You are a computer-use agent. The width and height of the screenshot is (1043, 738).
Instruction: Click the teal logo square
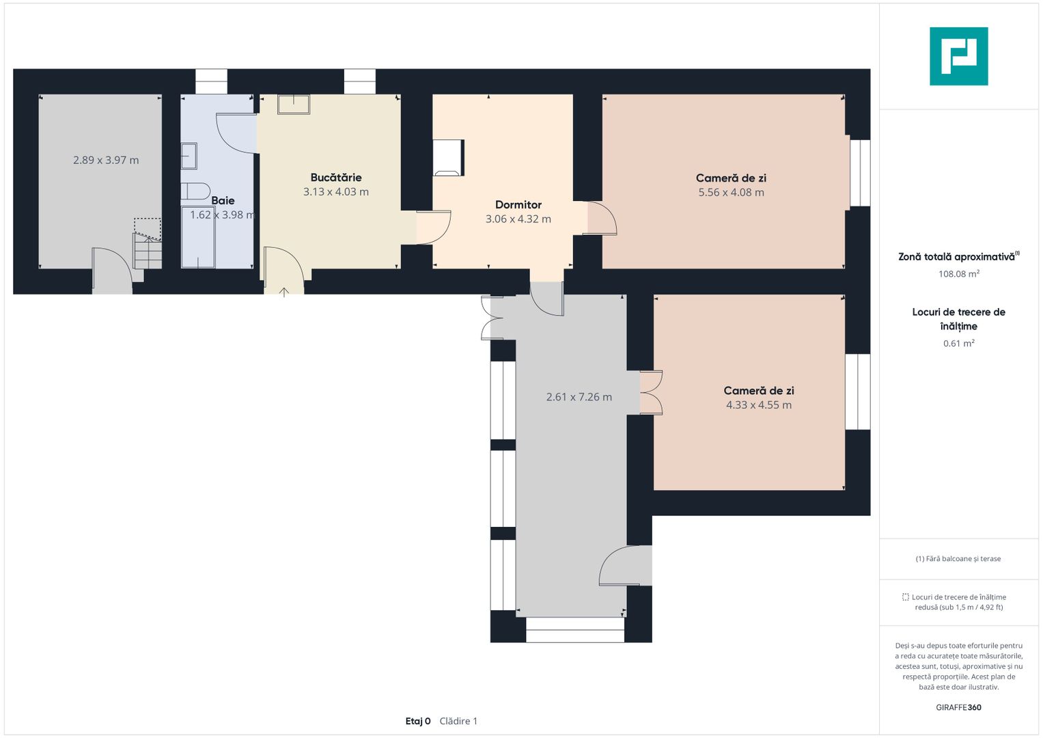[x=959, y=56]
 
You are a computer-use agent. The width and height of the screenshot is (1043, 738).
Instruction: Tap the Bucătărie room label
[x=336, y=177]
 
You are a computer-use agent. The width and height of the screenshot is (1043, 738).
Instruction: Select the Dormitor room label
[x=518, y=204]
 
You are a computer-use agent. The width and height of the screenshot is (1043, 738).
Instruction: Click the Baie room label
[x=223, y=200]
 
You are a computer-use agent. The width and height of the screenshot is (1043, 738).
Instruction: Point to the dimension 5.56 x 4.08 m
[x=731, y=192]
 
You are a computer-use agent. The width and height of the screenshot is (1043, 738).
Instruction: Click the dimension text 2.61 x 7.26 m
[x=579, y=397]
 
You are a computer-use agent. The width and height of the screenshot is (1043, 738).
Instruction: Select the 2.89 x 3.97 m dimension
[x=106, y=160]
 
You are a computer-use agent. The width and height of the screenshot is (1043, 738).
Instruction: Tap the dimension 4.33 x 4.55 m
[x=758, y=405]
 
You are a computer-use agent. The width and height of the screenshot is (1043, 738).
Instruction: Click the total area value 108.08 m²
[x=959, y=273]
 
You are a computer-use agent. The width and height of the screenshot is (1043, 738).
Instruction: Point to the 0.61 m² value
[x=959, y=343]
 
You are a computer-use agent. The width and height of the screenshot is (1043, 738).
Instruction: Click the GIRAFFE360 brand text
[x=958, y=707]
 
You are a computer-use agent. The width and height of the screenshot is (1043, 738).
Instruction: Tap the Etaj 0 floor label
[x=417, y=721]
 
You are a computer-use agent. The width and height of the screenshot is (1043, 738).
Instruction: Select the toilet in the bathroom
[x=195, y=191]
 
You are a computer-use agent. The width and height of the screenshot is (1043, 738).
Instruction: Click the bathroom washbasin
[x=189, y=156]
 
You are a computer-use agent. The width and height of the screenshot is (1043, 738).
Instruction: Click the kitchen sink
[x=294, y=104]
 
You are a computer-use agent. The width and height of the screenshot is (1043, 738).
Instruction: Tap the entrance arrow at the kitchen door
[x=284, y=292]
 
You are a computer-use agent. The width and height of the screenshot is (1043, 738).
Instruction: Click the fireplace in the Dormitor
[x=448, y=157]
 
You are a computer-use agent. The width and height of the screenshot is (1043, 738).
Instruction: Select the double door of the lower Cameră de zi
[x=651, y=392]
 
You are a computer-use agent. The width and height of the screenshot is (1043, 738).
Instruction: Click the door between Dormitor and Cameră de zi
[x=602, y=217]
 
